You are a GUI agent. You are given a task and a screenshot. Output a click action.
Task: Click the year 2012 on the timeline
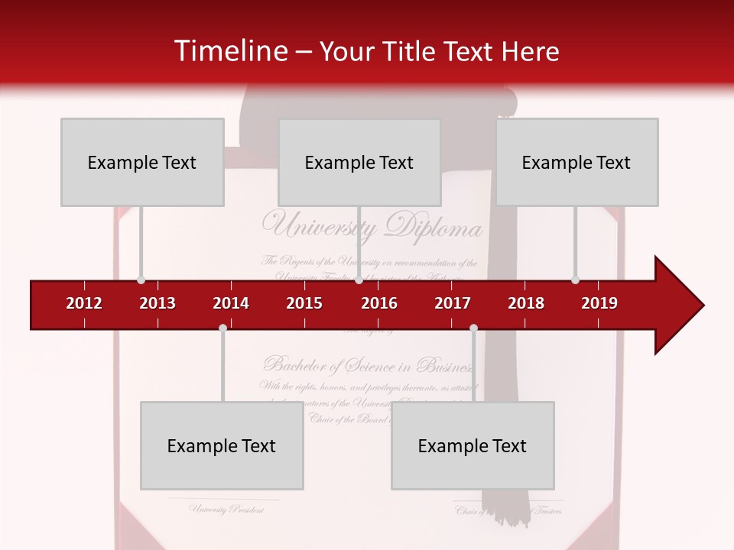pos(84,303)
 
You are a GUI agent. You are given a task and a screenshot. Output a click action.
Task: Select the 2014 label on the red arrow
pos(231,303)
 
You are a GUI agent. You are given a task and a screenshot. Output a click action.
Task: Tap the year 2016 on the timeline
pos(379,303)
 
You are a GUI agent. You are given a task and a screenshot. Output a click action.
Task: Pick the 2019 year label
pos(599,303)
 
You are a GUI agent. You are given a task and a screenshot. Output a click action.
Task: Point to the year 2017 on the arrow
pos(453,303)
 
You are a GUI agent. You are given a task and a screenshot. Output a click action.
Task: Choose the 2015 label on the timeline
pos(304,303)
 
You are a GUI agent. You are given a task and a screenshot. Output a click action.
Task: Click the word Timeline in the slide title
pos(229,51)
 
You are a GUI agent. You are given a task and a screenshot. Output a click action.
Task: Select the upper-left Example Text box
pos(142,162)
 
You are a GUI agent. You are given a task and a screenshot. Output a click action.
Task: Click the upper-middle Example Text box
pos(359,162)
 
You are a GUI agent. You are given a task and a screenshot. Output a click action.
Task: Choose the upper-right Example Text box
pos(576,162)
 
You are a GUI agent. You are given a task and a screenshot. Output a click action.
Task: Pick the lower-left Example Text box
pos(222,445)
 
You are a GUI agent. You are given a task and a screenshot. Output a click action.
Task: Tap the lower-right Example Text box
pos(473,445)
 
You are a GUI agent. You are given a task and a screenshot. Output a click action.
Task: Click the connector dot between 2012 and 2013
pos(141,280)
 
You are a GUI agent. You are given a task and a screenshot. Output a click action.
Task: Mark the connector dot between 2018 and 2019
pos(576,280)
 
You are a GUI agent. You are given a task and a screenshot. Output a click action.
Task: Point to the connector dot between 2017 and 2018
pos(473,328)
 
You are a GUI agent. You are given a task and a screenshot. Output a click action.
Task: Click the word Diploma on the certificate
pos(434,227)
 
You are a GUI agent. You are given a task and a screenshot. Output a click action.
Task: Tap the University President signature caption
pos(226,510)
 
